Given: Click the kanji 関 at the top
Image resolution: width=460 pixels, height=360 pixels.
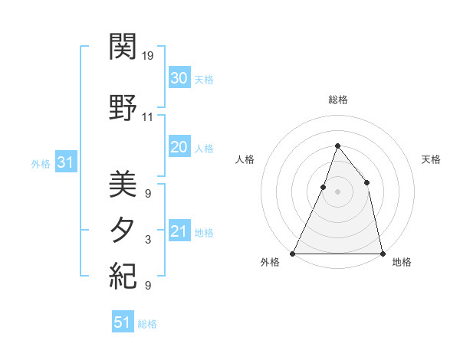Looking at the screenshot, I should click(123, 47).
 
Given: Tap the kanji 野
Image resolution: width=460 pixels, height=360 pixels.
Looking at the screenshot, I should click(123, 108).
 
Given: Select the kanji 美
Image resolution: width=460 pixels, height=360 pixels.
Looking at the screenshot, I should click(123, 185).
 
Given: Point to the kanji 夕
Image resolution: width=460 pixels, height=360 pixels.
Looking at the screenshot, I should click(123, 231).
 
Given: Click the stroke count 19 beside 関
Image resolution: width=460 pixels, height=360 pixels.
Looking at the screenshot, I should click(148, 56).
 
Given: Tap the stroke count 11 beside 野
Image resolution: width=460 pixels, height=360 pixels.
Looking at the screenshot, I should click(148, 117).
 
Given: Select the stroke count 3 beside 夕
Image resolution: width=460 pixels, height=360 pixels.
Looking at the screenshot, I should click(148, 240).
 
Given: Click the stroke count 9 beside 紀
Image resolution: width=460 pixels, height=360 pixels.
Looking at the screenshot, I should click(148, 286).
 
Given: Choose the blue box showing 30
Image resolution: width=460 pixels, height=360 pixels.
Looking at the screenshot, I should click(179, 78).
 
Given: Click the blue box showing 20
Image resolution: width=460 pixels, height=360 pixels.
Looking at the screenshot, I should click(179, 147).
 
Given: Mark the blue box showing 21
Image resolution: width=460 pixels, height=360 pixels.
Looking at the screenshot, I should click(179, 231).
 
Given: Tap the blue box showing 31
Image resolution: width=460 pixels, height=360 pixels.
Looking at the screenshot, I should click(66, 162).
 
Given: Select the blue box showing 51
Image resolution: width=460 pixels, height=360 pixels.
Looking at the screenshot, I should click(123, 322).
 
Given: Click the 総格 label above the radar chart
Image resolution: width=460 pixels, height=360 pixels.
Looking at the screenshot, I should click(337, 100).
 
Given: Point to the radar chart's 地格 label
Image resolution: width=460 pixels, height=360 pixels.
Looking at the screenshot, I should click(402, 262).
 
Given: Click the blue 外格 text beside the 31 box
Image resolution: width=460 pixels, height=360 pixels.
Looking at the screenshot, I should click(41, 163).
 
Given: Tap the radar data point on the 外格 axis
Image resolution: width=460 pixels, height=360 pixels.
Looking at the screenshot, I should click(293, 253).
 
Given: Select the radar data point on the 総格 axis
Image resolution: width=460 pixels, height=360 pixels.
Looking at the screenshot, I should click(337, 146).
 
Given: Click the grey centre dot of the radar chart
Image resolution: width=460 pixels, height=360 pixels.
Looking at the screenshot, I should click(337, 191).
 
